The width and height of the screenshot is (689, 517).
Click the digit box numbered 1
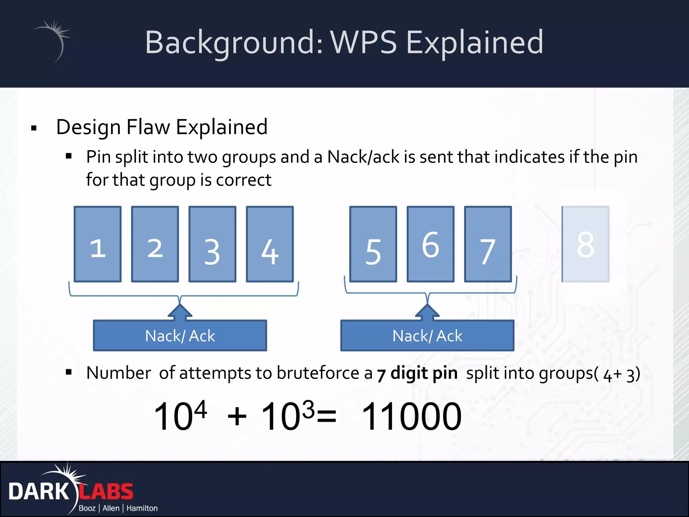(98, 244)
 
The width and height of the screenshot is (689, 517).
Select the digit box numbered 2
(155, 244)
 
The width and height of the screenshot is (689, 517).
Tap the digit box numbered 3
(212, 244)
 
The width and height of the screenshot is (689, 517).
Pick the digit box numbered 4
(270, 244)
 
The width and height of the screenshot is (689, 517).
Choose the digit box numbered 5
(373, 244)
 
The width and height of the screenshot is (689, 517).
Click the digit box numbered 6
(431, 244)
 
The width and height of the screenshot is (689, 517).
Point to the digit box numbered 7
(488, 244)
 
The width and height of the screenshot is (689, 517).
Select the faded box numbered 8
(585, 244)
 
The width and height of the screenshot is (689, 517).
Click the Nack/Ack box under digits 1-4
(180, 336)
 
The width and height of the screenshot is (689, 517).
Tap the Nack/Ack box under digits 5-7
(427, 336)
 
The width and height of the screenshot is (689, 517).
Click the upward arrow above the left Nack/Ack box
(180, 312)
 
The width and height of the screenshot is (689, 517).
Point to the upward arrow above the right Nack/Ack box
(427, 312)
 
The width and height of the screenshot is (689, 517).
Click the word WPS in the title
(363, 42)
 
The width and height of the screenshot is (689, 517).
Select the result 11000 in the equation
(411, 417)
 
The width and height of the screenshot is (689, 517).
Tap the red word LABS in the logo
(106, 492)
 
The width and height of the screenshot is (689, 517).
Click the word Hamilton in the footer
(142, 508)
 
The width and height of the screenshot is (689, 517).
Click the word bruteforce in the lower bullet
(318, 373)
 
